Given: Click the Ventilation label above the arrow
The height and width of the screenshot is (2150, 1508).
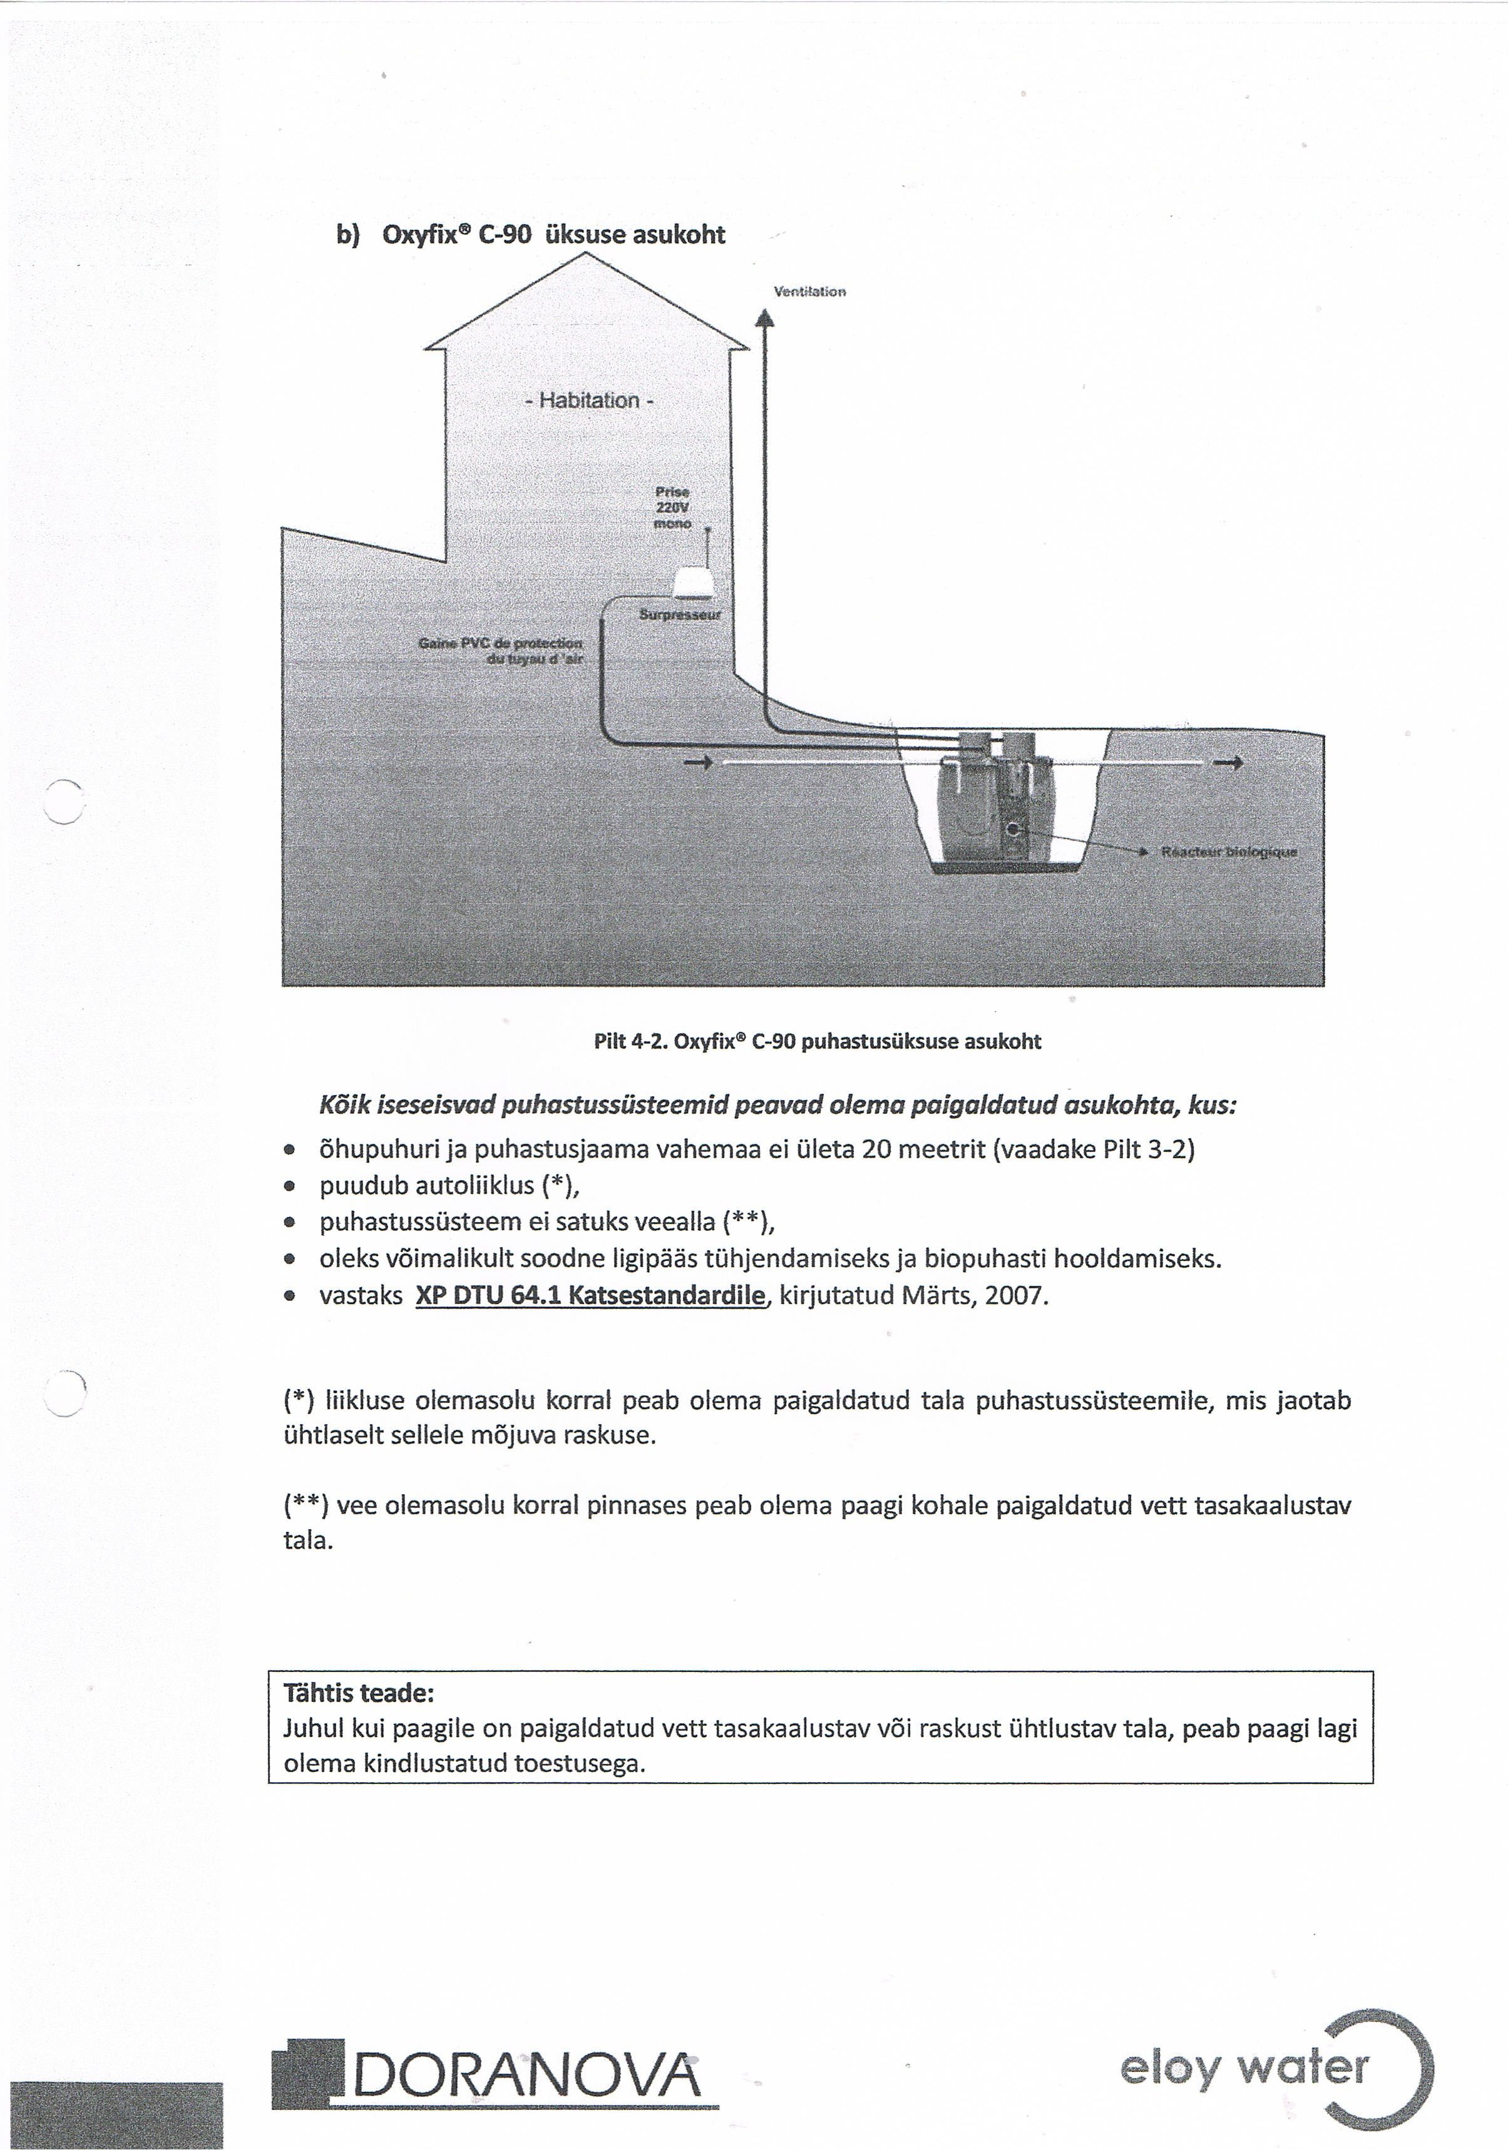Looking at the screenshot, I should click(x=809, y=291).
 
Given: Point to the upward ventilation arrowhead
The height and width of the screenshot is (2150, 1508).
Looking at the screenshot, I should click(x=765, y=318).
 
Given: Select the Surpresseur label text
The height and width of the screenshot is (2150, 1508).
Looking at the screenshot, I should click(x=680, y=615).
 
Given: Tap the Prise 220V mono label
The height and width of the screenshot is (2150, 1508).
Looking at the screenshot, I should click(x=672, y=507).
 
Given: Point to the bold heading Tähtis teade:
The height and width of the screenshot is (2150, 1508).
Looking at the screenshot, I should click(x=359, y=1693).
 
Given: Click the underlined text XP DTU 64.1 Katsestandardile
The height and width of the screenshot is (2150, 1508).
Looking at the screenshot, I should click(x=590, y=1295).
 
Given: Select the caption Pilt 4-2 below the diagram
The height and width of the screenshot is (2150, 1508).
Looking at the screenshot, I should click(x=817, y=1041).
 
